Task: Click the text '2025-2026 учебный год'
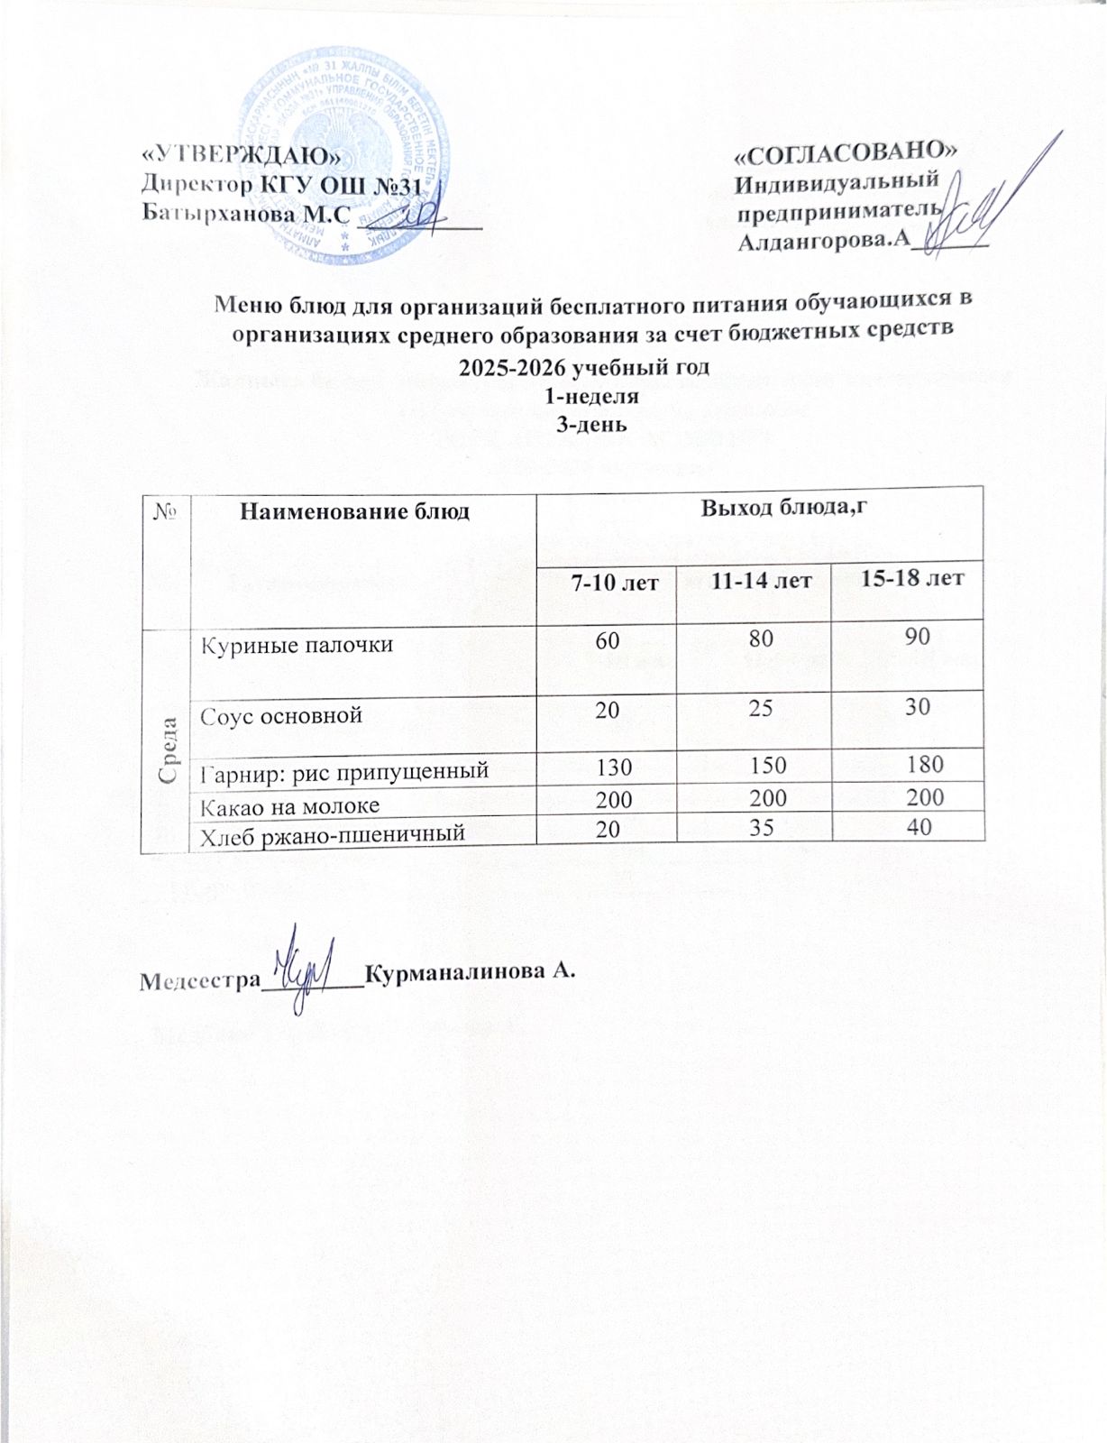[584, 368]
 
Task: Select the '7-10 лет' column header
[606, 583]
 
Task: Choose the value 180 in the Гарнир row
[925, 765]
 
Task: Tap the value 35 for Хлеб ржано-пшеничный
[760, 827]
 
